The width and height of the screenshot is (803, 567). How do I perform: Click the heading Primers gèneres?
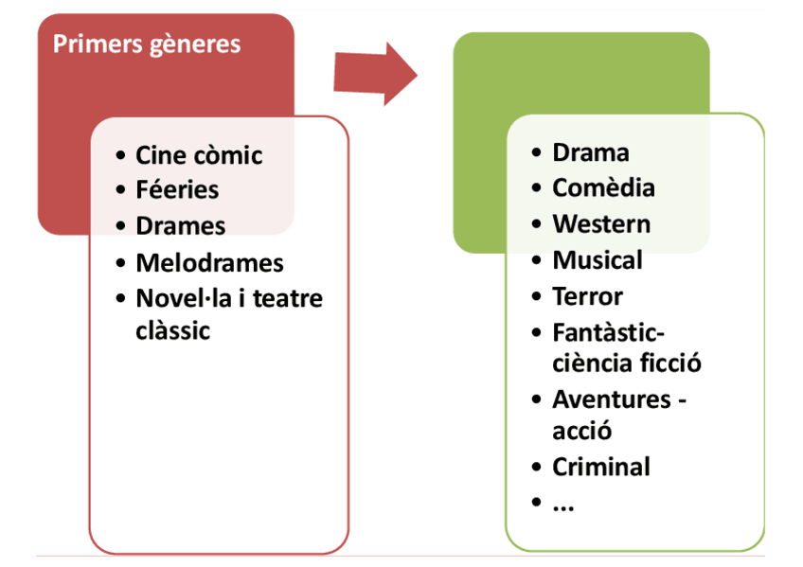147,44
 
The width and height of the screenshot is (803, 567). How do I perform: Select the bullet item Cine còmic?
199,155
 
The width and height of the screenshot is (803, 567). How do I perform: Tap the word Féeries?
177,190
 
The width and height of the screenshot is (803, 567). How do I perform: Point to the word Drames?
181,226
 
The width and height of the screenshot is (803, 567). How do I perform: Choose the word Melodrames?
209,262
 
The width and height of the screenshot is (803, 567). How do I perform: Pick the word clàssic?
172,330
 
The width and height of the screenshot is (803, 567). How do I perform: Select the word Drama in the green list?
591,152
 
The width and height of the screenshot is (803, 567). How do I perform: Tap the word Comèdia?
603,187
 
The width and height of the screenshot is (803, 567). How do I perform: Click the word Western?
601,224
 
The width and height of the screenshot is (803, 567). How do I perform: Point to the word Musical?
598,260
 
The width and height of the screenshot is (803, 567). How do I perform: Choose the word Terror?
587,296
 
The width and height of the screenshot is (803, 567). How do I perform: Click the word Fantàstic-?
609,332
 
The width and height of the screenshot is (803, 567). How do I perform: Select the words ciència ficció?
627,363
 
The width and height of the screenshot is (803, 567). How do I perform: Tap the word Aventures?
612,399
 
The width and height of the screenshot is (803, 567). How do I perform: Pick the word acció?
581,431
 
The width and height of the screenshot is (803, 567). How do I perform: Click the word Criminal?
601,467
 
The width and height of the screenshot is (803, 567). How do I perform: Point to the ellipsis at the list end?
563,505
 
